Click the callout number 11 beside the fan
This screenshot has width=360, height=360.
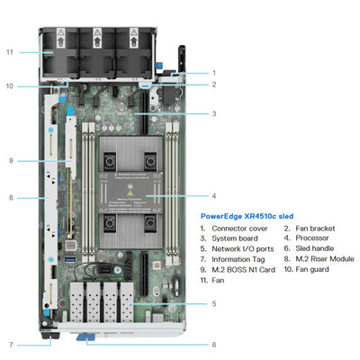click(10, 52)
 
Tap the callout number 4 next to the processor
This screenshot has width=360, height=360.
click(213, 194)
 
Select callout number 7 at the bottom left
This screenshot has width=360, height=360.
click(10, 345)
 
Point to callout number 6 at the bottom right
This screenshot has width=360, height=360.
click(213, 345)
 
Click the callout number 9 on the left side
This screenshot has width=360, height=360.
click(10, 160)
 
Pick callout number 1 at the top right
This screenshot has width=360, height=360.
click(213, 72)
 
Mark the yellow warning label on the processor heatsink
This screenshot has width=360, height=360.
click(132, 193)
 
